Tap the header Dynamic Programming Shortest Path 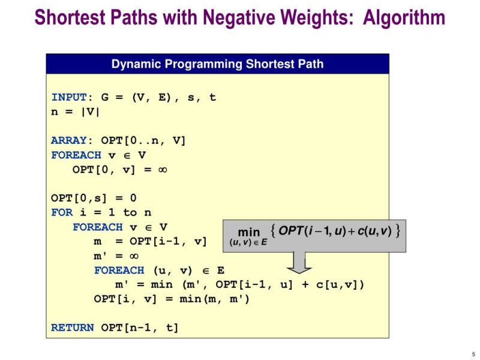click(217, 64)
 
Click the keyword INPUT click(69, 97)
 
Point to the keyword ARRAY click(69, 140)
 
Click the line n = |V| click(76, 112)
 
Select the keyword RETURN click(72, 328)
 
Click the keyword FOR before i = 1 click(62, 212)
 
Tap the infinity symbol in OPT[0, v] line click(161, 170)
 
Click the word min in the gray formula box click(249, 232)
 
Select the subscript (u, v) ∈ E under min click(248, 243)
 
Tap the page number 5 click(473, 353)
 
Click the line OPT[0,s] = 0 click(94, 198)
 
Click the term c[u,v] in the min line click(340, 284)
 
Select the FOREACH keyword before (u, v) click(119, 270)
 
